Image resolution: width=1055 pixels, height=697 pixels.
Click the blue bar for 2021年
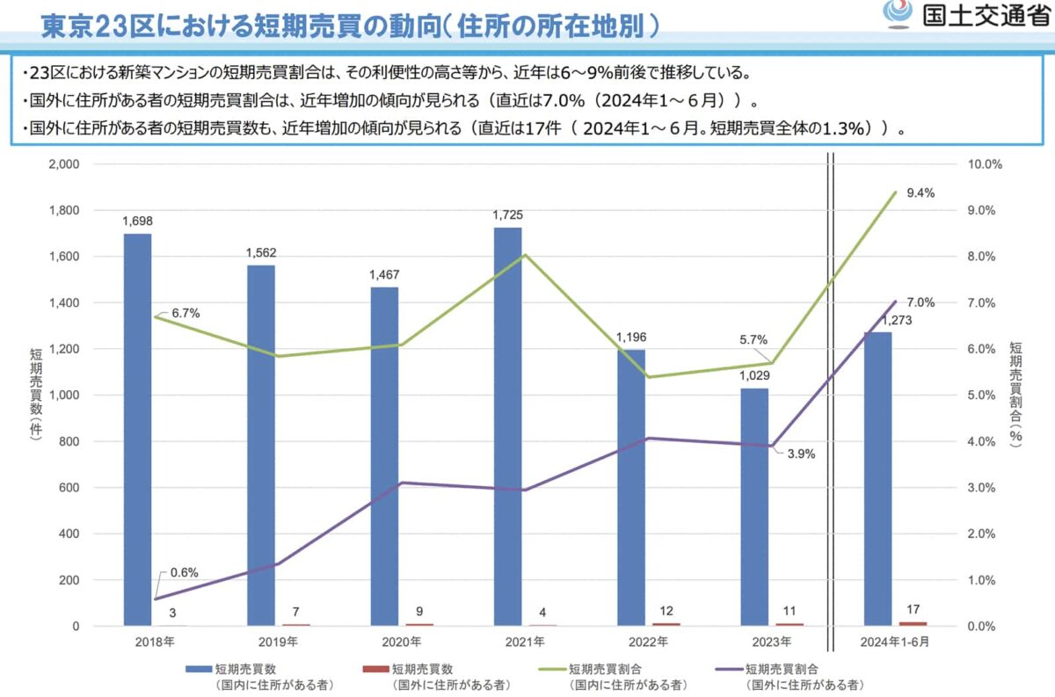[507, 426]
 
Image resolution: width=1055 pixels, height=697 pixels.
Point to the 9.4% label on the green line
[920, 193]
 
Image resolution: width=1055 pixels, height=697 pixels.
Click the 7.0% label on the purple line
[920, 302]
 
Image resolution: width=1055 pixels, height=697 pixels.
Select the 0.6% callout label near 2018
[184, 572]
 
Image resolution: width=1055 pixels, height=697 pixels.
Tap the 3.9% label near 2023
[801, 454]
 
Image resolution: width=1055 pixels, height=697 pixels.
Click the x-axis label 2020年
[402, 643]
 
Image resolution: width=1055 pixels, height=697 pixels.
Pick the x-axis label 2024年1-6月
[895, 643]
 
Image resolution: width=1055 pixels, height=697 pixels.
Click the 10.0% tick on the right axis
[985, 164]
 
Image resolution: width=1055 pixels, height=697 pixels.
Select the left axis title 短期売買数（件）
[35, 395]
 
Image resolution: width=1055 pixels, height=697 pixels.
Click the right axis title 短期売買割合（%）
[1016, 395]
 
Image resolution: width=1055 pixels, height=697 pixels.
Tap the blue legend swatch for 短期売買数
[198, 670]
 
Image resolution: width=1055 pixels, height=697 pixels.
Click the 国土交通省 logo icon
[897, 15]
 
